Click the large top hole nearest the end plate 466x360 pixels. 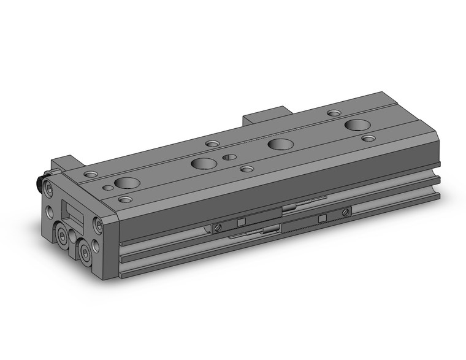pyautogui.click(x=126, y=182)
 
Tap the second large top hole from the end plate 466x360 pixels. pyautogui.click(x=202, y=163)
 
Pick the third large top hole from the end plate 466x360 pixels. pyautogui.click(x=280, y=144)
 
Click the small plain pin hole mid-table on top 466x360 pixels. pyautogui.click(x=229, y=157)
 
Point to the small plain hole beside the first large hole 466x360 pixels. pyautogui.click(x=108, y=187)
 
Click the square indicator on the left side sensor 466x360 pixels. pyautogui.click(x=241, y=222)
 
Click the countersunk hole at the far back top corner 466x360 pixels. pyautogui.click(x=334, y=113)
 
